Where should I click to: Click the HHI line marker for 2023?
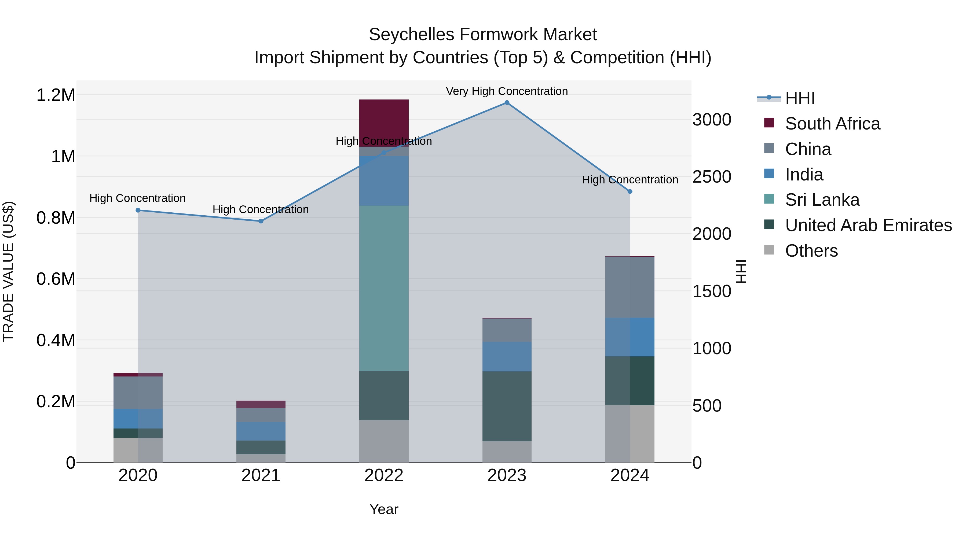pos(507,103)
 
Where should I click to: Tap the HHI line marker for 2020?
pos(138,210)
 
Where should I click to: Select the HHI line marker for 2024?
pos(630,191)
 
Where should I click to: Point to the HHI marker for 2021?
pos(261,221)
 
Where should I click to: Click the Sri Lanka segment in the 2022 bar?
pos(384,289)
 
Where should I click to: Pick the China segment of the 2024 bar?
pos(630,287)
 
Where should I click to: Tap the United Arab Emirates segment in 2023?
pos(507,406)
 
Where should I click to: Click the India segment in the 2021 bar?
pos(261,431)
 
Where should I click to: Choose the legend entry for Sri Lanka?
pos(822,200)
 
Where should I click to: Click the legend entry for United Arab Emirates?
pos(868,226)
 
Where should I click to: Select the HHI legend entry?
pos(800,98)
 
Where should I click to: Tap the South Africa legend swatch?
pos(769,123)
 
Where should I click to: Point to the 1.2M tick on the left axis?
pos(56,95)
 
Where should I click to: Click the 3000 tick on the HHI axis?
pos(712,120)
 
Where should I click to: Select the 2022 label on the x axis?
pos(384,475)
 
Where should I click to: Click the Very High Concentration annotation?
pos(507,91)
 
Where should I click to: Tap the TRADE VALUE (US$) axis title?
pos(8,271)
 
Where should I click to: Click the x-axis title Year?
pos(384,509)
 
